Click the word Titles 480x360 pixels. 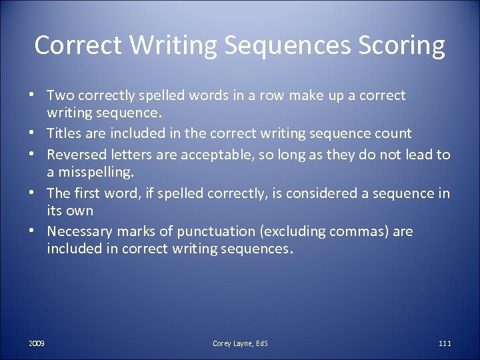(64, 134)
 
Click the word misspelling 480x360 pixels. (96, 173)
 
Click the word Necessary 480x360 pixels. (79, 231)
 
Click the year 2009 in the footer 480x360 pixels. (37, 343)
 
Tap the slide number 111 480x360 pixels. (445, 343)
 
